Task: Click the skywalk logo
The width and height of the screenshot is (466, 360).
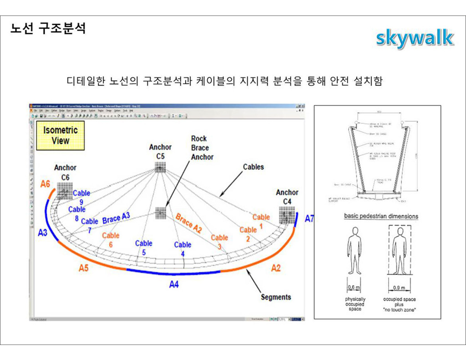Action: click(415, 38)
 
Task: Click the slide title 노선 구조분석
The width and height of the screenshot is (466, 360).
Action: click(48, 28)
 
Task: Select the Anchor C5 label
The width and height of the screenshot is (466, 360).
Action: click(160, 152)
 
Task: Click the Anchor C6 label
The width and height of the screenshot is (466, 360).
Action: click(65, 172)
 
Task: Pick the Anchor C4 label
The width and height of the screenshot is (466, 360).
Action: click(287, 197)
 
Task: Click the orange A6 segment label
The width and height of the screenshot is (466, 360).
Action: click(46, 184)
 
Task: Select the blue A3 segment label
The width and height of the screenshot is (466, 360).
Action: click(43, 233)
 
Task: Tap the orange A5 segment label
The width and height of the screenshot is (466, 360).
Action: click(83, 268)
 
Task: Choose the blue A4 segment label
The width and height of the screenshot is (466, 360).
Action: click(174, 285)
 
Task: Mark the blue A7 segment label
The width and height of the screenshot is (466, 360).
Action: click(309, 218)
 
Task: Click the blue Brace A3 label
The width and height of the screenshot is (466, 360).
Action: click(116, 218)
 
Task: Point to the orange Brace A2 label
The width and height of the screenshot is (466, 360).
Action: click(188, 223)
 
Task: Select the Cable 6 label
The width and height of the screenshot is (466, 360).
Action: click(111, 240)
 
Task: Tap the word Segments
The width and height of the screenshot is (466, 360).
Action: click(276, 297)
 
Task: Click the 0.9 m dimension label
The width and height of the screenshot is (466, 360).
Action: click(400, 288)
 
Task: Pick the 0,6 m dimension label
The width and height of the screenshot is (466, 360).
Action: click(354, 288)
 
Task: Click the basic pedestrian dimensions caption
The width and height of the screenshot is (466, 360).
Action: click(381, 216)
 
